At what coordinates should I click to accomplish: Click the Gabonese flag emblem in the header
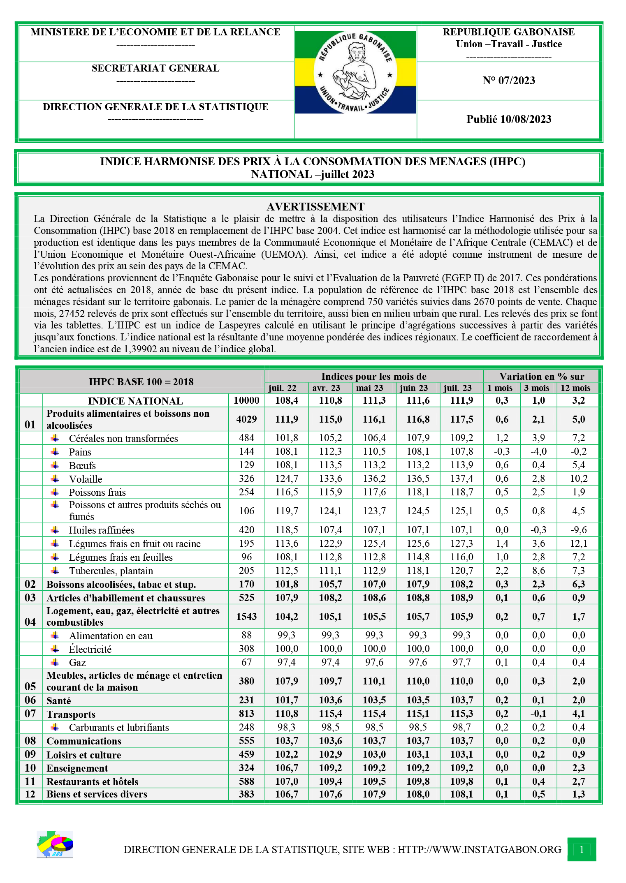355,72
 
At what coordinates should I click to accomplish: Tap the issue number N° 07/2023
509,81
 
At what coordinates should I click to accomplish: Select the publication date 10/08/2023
509,119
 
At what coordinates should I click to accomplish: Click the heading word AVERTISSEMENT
315,206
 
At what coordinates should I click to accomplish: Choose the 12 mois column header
575,388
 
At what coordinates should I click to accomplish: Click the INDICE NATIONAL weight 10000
246,400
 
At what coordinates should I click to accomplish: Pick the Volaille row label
86,479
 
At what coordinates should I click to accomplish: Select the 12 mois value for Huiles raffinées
578,530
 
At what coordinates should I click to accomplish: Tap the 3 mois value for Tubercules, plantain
538,571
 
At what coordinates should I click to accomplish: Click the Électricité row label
90,650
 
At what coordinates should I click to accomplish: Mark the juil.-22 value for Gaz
286,662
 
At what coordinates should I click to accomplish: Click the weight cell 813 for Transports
246,714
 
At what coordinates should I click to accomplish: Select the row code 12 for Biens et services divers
30,794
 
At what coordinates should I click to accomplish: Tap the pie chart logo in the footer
55,844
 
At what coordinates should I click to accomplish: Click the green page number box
582,849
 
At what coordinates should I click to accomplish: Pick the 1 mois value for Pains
502,451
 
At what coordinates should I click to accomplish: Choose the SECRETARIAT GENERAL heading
155,68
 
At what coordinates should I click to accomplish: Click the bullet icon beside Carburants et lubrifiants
55,727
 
